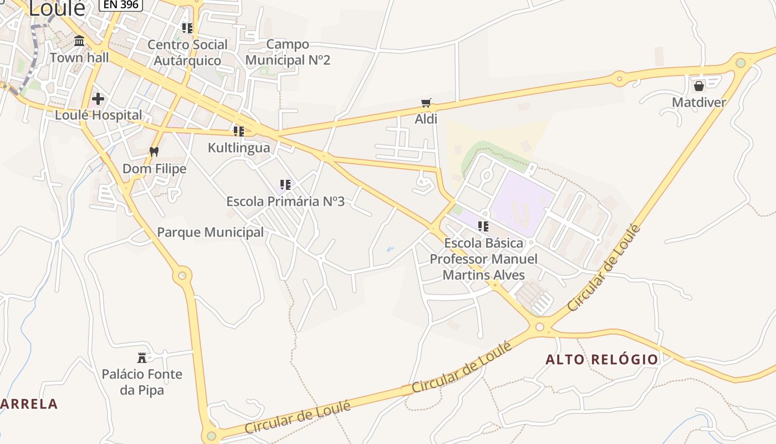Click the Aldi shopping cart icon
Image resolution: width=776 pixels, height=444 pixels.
(x=426, y=103)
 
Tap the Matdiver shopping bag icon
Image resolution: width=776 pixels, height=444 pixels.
(x=698, y=86)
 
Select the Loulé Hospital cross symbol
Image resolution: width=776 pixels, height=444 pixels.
(x=98, y=99)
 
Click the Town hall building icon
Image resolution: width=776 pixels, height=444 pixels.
(x=79, y=41)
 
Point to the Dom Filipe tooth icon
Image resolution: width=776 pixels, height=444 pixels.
(x=154, y=152)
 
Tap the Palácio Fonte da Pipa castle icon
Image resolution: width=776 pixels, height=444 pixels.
(x=142, y=357)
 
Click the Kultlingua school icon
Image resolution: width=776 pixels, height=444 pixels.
(x=239, y=132)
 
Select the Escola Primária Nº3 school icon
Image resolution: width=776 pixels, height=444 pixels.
(x=285, y=185)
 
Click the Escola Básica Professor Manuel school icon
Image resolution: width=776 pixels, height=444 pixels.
(x=483, y=226)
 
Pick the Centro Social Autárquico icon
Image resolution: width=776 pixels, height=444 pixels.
(x=187, y=28)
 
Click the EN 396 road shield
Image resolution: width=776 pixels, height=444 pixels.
(x=121, y=4)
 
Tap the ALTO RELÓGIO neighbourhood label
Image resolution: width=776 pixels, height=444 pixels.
(x=602, y=360)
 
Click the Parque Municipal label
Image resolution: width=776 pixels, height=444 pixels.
(x=211, y=232)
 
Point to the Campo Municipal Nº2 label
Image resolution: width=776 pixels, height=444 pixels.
(x=288, y=52)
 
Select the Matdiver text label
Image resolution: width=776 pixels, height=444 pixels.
(x=698, y=103)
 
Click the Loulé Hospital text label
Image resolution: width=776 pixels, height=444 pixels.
(x=99, y=115)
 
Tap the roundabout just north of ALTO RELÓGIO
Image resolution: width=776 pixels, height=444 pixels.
(x=540, y=326)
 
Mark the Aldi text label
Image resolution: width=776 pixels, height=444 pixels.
(x=426, y=119)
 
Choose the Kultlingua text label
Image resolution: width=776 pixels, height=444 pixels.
(x=239, y=148)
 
